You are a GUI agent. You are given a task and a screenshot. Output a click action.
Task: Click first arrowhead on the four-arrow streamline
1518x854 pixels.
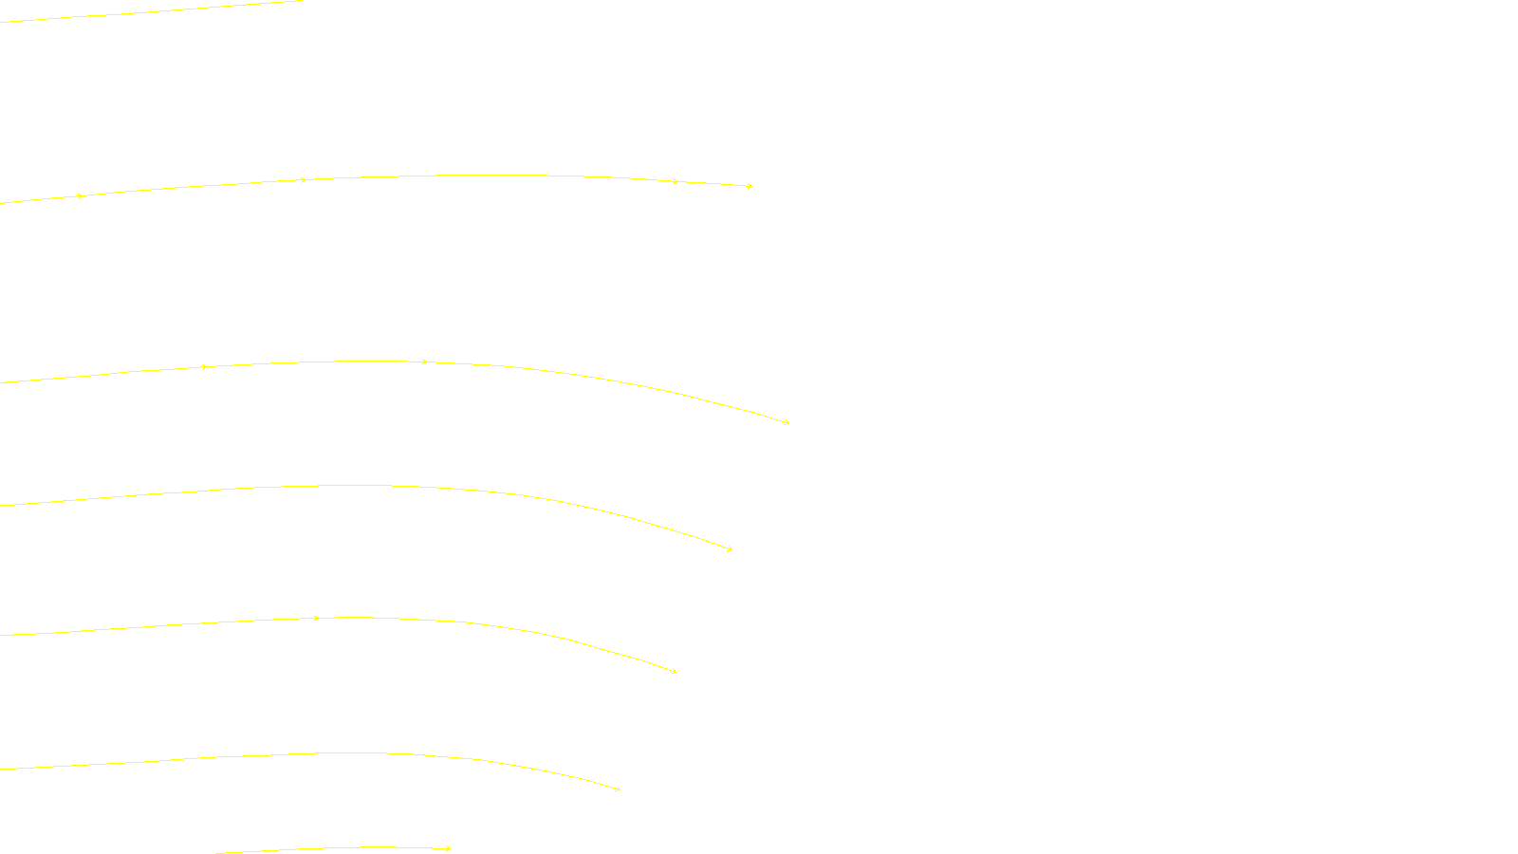[x=81, y=196]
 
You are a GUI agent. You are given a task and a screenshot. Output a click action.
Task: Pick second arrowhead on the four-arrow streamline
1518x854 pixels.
[x=304, y=179]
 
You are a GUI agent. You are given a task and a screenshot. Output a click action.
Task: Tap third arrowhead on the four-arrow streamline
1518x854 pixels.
[x=675, y=181]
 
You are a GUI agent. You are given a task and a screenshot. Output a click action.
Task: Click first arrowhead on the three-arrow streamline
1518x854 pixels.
[x=205, y=366]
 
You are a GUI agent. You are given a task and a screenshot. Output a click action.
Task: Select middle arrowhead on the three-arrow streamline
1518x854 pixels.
[x=424, y=362]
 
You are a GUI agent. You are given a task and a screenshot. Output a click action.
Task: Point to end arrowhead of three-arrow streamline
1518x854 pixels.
[x=787, y=422]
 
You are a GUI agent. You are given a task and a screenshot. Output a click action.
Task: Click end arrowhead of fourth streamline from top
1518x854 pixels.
[x=730, y=548]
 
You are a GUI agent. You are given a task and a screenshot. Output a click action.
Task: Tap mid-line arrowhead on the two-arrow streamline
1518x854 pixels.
[x=316, y=619]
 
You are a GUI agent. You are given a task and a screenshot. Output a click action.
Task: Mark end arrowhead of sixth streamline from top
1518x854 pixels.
[x=618, y=789]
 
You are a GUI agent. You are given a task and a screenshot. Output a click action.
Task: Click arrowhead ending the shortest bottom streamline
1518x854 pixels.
[x=449, y=848]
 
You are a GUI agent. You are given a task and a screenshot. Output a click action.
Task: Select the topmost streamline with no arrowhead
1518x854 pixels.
[x=152, y=11]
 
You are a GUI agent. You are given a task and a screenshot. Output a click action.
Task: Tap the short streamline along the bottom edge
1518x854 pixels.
[x=332, y=848]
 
